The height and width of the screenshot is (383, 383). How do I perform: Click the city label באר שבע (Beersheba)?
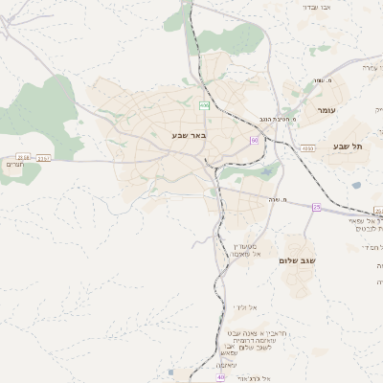[189, 135]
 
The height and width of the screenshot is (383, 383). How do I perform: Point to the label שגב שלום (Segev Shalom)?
[298, 259]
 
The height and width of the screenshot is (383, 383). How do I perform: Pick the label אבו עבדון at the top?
[317, 7]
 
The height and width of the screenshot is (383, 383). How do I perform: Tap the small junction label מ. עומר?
[317, 81]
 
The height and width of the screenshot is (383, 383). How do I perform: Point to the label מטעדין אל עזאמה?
[245, 250]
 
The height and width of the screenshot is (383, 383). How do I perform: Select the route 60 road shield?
[255, 141]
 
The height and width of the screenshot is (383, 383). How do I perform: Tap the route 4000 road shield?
[307, 148]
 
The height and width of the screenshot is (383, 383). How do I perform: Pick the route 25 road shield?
[316, 207]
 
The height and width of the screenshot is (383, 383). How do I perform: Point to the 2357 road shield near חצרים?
[44, 159]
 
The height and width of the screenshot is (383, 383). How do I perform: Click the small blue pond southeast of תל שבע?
[356, 186]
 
